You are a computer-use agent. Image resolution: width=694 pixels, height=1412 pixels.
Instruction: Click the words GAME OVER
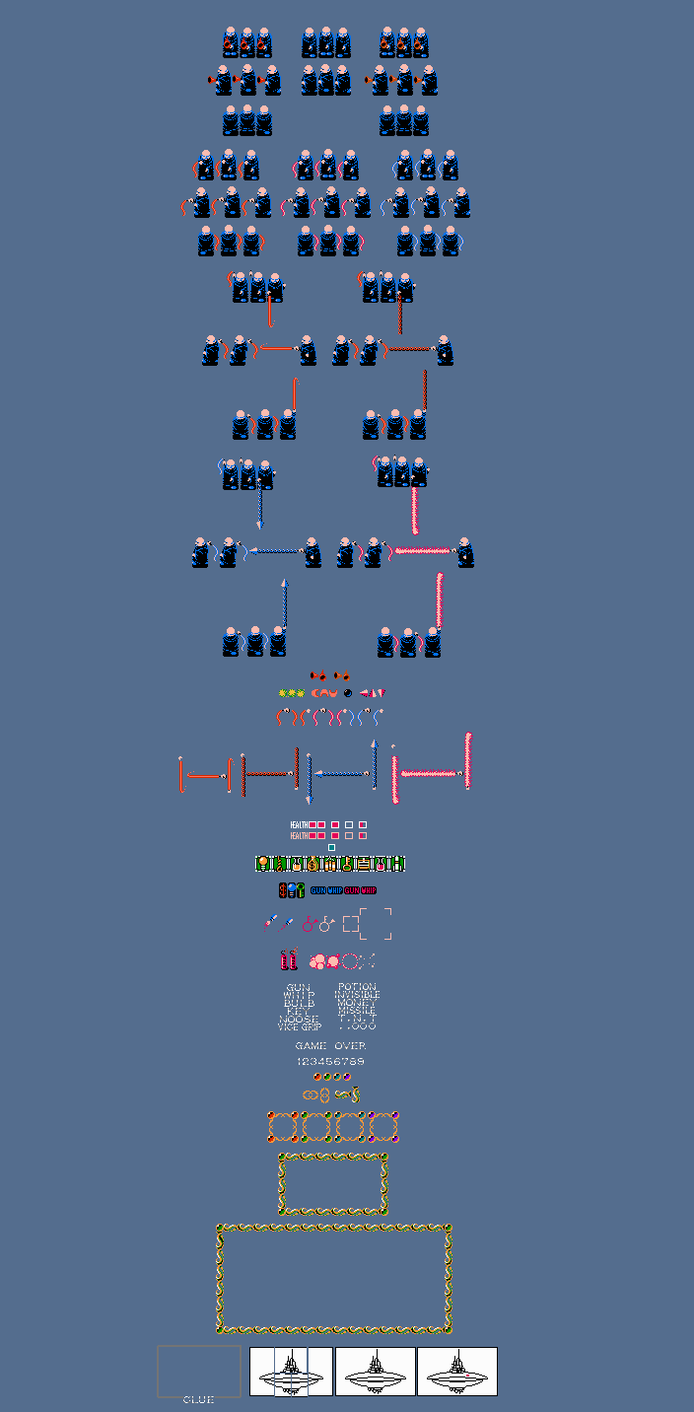click(330, 1045)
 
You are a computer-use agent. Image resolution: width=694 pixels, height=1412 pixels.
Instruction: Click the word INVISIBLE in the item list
click(357, 995)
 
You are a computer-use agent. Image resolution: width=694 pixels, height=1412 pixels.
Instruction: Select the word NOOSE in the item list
click(298, 1019)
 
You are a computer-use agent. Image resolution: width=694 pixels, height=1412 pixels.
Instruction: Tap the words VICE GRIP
click(298, 1026)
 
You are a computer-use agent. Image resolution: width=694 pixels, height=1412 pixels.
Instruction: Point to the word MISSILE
click(357, 1011)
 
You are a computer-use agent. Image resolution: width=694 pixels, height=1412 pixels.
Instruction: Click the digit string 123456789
click(330, 1061)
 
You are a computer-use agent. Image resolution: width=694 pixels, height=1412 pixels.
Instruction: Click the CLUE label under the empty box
click(198, 1399)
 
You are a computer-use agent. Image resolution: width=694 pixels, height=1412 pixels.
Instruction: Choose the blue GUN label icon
click(317, 890)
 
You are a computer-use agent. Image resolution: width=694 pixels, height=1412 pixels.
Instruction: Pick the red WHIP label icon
click(369, 890)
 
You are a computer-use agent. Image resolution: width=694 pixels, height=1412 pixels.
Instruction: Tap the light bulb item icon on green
click(262, 864)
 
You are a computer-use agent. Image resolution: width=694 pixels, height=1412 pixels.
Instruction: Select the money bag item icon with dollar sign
click(312, 864)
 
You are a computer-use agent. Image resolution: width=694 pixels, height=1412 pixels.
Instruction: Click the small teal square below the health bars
click(331, 847)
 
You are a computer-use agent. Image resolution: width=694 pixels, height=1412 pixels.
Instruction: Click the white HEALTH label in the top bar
click(298, 824)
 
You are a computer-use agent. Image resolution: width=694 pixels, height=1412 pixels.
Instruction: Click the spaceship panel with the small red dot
click(457, 1371)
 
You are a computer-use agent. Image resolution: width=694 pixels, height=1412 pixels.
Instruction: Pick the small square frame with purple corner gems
click(384, 1126)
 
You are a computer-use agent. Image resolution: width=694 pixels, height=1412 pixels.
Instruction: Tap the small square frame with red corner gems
click(283, 1126)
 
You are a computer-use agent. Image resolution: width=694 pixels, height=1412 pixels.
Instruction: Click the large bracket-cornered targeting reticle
click(376, 924)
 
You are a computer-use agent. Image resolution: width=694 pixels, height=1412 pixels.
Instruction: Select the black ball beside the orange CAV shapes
click(347, 693)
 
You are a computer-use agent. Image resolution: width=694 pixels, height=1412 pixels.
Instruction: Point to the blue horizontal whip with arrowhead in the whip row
click(340, 774)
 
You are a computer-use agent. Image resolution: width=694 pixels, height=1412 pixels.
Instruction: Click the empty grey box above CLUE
click(198, 1370)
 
